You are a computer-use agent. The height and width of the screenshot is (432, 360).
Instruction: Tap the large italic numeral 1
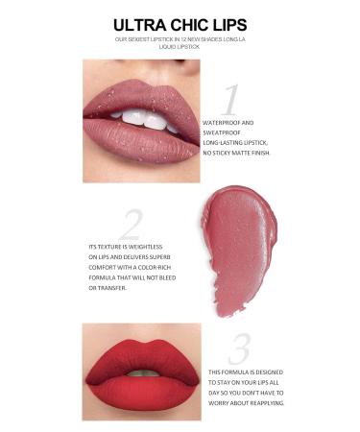coord(229,100)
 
